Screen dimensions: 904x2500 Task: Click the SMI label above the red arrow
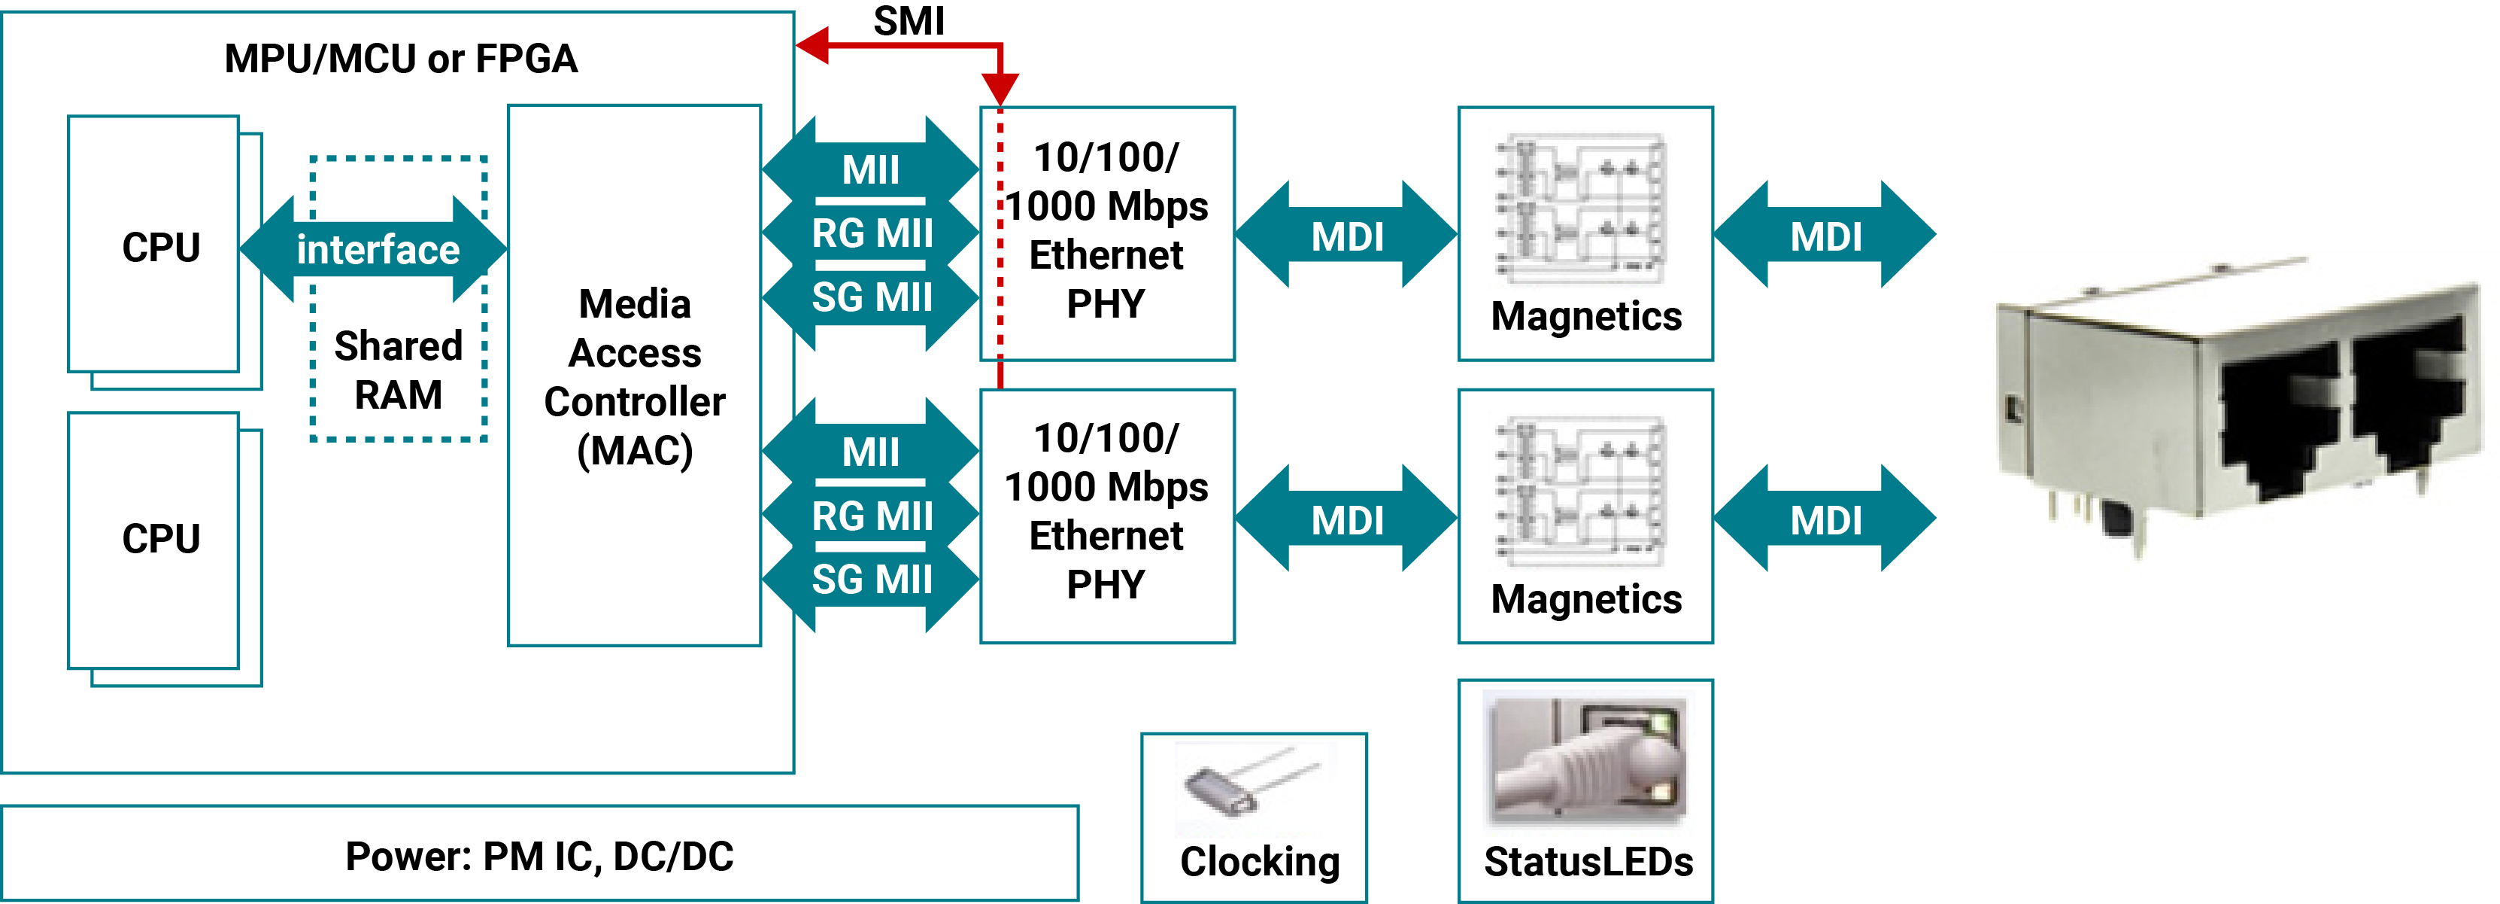tap(909, 20)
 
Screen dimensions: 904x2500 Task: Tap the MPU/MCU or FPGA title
tap(401, 59)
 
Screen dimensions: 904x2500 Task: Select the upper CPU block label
tap(161, 248)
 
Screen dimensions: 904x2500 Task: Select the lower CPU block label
tap(161, 539)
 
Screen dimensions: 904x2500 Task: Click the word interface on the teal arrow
tap(378, 251)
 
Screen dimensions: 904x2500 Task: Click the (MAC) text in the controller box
tap(635, 451)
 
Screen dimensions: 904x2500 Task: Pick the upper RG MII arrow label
tap(872, 234)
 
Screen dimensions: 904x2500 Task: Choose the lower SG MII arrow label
tap(872, 580)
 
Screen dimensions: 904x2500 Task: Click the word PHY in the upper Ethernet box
tap(1106, 305)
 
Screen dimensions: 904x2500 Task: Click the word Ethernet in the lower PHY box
tap(1106, 536)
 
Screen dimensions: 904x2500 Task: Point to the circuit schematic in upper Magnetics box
tap(1582, 208)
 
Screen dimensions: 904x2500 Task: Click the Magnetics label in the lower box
tap(1585, 599)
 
